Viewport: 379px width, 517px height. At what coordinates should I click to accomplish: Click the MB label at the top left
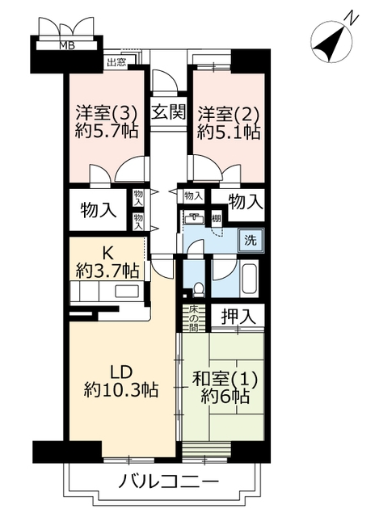67,45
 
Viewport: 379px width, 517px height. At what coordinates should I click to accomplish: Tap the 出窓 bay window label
116,62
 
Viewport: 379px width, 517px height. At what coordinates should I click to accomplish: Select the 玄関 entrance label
169,112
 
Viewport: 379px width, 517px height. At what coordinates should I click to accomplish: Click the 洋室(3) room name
107,114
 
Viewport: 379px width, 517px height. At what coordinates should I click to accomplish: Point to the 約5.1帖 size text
229,132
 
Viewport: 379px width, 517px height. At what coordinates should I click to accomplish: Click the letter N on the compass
352,19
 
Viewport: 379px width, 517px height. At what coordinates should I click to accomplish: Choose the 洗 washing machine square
251,241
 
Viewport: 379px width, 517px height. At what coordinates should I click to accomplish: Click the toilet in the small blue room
199,289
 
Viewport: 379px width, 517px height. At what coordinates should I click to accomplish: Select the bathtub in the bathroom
250,278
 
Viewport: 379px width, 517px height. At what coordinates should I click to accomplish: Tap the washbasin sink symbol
194,218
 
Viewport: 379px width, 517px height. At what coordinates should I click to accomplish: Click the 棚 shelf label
216,219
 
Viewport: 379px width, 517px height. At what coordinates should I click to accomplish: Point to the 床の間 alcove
193,319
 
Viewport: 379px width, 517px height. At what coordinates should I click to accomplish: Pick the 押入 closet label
238,317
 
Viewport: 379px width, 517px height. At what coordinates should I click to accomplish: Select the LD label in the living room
121,372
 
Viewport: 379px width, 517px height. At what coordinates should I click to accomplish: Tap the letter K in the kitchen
107,254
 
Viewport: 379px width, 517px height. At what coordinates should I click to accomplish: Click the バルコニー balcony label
169,483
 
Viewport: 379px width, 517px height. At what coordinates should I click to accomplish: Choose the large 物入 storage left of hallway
99,210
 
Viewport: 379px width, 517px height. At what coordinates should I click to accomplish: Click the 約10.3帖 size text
121,389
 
